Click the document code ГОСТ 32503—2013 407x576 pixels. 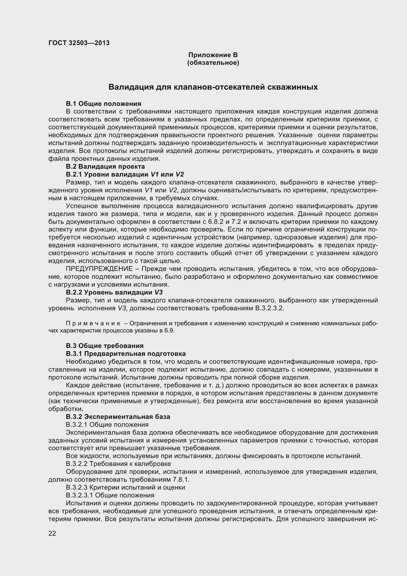point(79,43)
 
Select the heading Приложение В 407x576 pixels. point(213,55)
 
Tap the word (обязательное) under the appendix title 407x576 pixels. point(213,63)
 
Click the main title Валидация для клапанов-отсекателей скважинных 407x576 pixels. point(213,87)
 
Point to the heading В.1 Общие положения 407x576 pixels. point(104,104)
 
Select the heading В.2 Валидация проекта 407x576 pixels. point(105,166)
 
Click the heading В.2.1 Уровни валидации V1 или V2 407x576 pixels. point(125,174)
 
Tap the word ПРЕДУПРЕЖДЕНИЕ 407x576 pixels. point(99,269)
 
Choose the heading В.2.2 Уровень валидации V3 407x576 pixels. point(114,293)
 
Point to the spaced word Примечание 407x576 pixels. point(93,324)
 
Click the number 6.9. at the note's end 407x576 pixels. point(169,331)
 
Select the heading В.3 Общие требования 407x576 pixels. point(105,346)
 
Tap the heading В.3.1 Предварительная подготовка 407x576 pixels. point(126,354)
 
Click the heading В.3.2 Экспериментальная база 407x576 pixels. point(118,417)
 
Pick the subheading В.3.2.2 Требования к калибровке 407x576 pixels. point(118,464)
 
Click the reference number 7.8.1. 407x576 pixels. point(181,480)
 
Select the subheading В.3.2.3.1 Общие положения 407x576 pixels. point(110,495)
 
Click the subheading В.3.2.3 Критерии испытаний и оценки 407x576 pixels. point(125,487)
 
